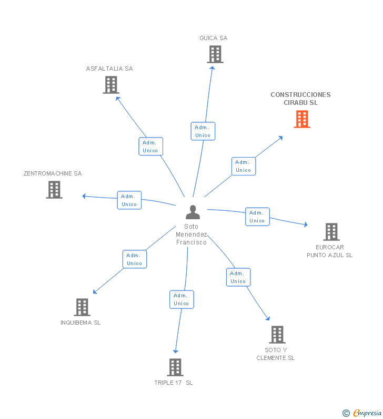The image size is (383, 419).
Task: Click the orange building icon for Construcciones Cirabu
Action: (x=301, y=119)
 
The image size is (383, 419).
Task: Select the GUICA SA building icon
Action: (x=215, y=54)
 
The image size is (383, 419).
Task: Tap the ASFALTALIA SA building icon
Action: (x=110, y=85)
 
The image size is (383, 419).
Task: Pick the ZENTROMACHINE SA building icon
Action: (x=54, y=190)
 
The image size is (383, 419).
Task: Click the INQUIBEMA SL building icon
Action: (x=82, y=307)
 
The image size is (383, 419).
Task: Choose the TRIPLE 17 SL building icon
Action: (x=175, y=367)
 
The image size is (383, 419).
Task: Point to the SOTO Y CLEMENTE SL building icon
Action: (x=277, y=335)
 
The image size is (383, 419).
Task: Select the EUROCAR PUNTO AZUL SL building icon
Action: (x=331, y=231)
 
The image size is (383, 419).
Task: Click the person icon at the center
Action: (x=193, y=212)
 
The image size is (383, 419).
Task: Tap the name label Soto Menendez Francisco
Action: (x=191, y=235)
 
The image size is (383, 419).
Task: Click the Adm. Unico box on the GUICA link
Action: (x=203, y=131)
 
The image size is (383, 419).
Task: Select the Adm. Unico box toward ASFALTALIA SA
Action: (x=150, y=147)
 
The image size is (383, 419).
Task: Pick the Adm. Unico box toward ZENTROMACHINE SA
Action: (x=129, y=200)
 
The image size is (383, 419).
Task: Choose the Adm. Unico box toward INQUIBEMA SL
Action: (x=134, y=259)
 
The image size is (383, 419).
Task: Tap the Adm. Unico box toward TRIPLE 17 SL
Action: (x=182, y=299)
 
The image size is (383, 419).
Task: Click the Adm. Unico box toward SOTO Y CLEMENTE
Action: (x=238, y=277)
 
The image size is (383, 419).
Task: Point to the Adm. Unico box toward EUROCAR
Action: (x=257, y=217)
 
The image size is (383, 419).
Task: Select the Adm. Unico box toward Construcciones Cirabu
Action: (x=243, y=166)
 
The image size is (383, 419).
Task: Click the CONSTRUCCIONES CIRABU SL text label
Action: (x=301, y=99)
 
